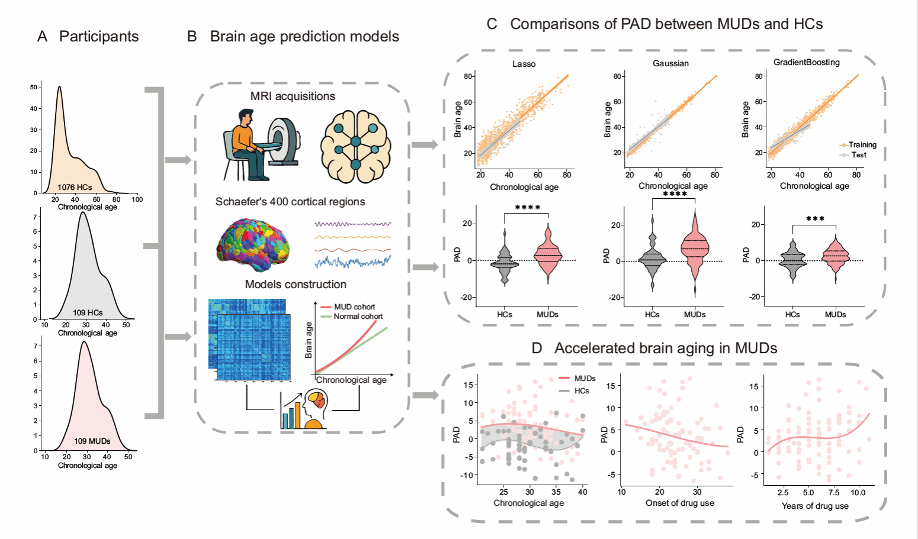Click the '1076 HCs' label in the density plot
[x=75, y=187]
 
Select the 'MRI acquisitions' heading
[x=293, y=96]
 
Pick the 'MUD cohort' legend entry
[x=354, y=307]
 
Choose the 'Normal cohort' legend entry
[x=358, y=317]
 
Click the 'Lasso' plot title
[x=524, y=64]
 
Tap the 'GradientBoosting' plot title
[x=806, y=62]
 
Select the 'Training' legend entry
[x=862, y=145]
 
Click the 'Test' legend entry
[x=859, y=155]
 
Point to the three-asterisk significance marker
[x=815, y=220]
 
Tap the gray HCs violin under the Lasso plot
[x=505, y=260]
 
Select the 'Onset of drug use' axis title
[x=679, y=503]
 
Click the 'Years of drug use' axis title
[x=815, y=506]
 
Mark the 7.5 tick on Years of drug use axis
[x=833, y=492]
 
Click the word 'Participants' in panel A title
[x=99, y=37]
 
